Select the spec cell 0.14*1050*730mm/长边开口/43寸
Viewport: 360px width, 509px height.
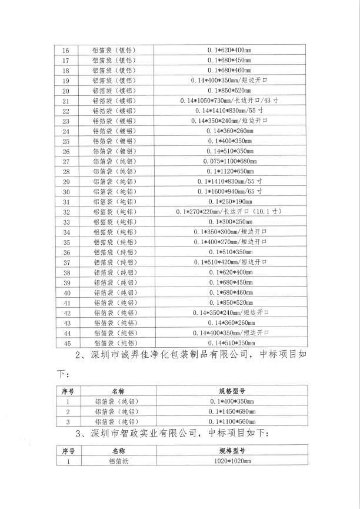pyautogui.click(x=229, y=101)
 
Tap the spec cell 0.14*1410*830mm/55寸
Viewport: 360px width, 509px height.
pyautogui.click(x=229, y=111)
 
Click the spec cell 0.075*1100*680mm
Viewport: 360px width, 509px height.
pyautogui.click(x=229, y=161)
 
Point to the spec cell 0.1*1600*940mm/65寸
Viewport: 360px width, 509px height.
pyautogui.click(x=229, y=191)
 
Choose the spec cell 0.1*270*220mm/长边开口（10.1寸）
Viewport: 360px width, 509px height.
pyautogui.click(x=229, y=211)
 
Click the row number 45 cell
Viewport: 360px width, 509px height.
pyautogui.click(x=66, y=342)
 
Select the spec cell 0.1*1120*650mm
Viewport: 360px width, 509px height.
pyautogui.click(x=229, y=171)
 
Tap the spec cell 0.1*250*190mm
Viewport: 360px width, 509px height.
pyautogui.click(x=229, y=201)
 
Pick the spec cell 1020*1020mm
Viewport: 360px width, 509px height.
pyautogui.click(x=229, y=462)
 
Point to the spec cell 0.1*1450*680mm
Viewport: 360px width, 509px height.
pyautogui.click(x=229, y=411)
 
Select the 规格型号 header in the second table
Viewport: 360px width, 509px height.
pyautogui.click(x=229, y=390)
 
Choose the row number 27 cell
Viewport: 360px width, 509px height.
pyautogui.click(x=66, y=161)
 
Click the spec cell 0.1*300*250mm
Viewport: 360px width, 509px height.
pyautogui.click(x=229, y=221)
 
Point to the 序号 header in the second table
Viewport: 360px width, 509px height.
pyautogui.click(x=67, y=390)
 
